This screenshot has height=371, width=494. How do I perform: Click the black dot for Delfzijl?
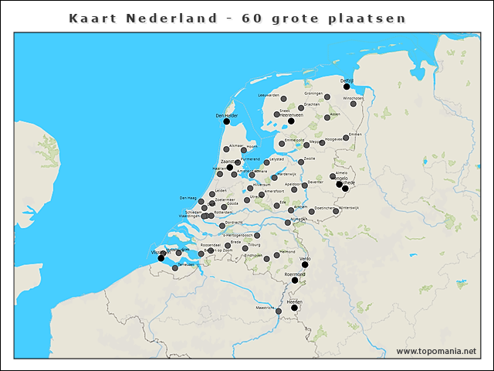click(347, 87)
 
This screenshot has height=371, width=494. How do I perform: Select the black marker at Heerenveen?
click(291, 121)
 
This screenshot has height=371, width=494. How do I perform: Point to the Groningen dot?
click(327, 97)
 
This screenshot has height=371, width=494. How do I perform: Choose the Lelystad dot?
click(266, 163)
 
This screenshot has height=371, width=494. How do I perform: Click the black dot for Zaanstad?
click(229, 167)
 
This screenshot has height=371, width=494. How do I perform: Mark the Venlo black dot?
click(305, 264)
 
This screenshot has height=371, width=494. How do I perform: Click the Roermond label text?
click(295, 274)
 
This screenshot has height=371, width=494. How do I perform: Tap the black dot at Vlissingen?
click(161, 258)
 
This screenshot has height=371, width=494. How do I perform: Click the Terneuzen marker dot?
click(175, 268)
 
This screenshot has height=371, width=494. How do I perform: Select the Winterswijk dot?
click(336, 213)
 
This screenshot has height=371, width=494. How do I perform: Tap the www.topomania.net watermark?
click(437, 351)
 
